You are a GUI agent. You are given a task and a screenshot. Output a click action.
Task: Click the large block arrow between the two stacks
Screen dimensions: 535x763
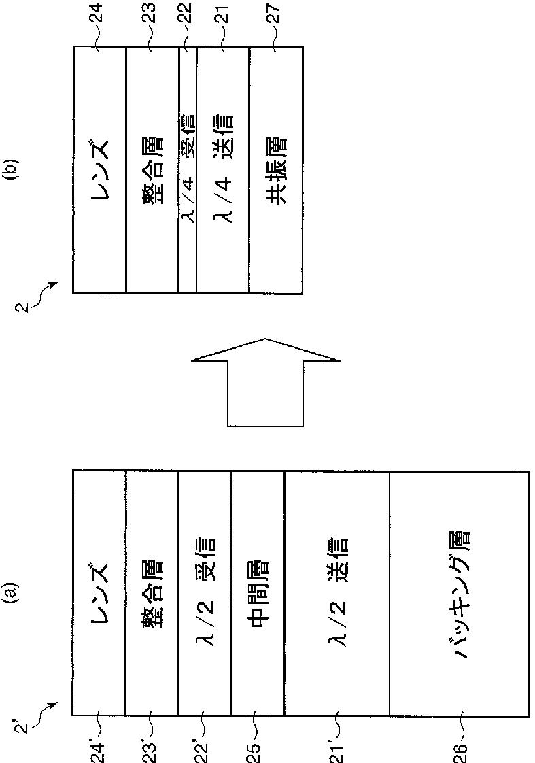[x=265, y=382]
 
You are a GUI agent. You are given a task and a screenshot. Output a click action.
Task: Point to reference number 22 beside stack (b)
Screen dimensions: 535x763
[x=187, y=13]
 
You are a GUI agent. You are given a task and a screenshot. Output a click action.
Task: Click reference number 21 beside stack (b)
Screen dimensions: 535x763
[x=223, y=13]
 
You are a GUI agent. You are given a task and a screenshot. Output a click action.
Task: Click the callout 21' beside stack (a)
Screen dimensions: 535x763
[x=336, y=751]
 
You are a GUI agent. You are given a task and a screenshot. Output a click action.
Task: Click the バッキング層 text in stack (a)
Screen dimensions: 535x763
[x=460, y=593]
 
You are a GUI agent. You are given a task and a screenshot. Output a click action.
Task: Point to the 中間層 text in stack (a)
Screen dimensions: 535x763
[x=257, y=594]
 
